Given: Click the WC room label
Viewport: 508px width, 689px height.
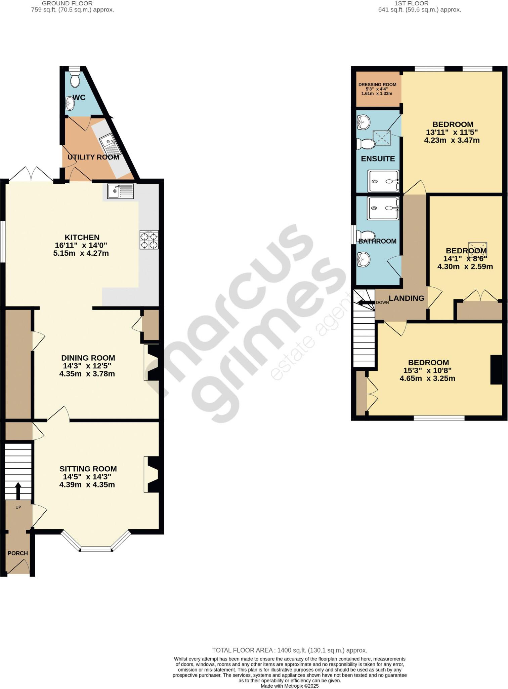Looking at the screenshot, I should tap(79, 98).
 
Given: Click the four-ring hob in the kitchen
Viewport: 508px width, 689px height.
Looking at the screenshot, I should tap(149, 240).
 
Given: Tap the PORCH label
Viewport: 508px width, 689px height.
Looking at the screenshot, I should tap(18, 553).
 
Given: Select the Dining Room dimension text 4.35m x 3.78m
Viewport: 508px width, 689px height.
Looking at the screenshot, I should tap(87, 374).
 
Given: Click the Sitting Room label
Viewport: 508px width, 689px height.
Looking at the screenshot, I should tap(88, 469).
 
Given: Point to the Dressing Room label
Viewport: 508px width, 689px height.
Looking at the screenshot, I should tap(377, 85).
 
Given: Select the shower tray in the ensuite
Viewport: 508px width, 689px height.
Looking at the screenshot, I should tap(383, 181).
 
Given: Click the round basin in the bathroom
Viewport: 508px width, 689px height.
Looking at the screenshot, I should tap(363, 259).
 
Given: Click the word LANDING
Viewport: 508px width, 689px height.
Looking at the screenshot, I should tap(406, 298).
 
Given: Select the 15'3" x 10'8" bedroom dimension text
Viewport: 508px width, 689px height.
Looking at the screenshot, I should tap(427, 370).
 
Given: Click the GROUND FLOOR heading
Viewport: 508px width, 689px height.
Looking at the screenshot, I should tap(67, 3).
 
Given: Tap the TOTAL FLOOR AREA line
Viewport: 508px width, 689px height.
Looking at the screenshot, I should tap(289, 650).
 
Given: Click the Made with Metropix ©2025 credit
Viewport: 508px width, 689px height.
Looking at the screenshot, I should tap(289, 686).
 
